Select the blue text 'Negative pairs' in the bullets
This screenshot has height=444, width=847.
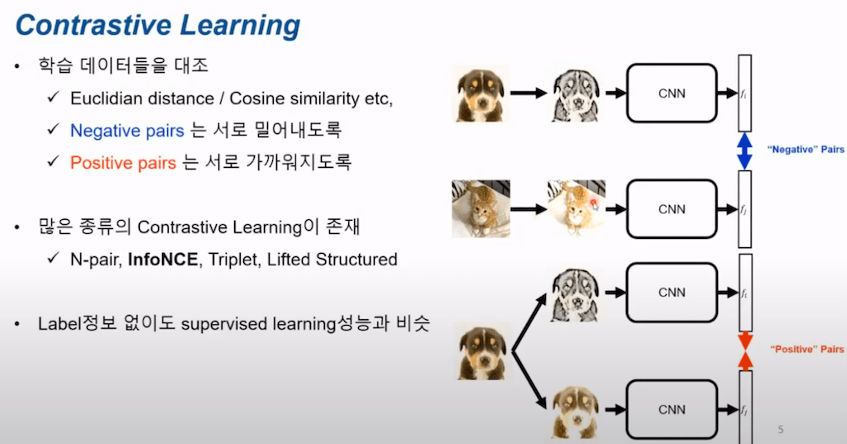pos(122,130)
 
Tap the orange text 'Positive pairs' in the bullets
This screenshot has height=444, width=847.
pos(122,162)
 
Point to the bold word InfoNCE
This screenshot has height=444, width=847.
pos(163,260)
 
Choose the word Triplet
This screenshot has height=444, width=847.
pos(232,260)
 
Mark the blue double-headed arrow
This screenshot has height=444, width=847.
pos(744,150)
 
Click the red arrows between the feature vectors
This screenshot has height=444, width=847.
pos(744,349)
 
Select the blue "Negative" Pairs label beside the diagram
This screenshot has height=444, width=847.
pos(804,150)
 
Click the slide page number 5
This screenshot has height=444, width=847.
pos(781,429)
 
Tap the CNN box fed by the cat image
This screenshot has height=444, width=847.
pos(672,209)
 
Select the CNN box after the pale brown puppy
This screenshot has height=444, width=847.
pos(672,408)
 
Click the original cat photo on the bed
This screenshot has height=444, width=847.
pos(481,208)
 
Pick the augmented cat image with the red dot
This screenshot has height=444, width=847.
pos(576,208)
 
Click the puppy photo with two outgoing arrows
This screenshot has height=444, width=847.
pos(482,352)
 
